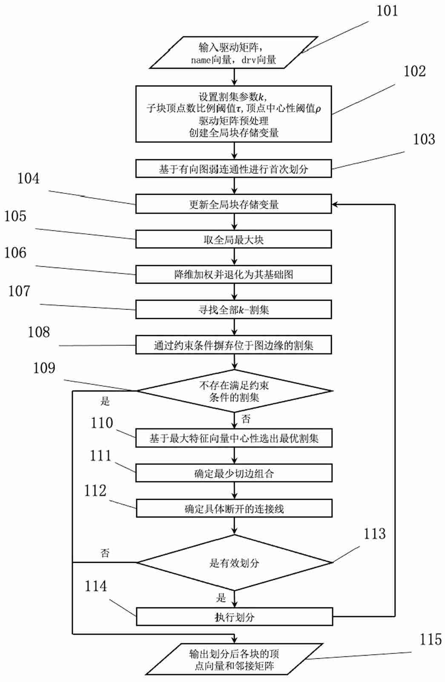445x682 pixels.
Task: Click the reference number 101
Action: [387, 11]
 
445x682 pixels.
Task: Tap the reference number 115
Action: [430, 639]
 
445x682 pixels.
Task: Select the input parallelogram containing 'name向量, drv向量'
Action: [233, 53]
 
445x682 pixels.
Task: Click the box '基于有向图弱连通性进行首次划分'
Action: [233, 169]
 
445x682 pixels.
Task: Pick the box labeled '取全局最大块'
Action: [233, 239]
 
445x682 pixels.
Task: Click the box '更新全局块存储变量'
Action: [233, 204]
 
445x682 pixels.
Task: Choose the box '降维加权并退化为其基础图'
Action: [233, 275]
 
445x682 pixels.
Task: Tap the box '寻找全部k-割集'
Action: [233, 310]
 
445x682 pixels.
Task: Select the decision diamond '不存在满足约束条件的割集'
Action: [234, 391]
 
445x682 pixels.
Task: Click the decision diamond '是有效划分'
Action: [234, 563]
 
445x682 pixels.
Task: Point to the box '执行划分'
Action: [234, 617]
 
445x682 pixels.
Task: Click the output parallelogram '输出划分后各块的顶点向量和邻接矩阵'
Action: [234, 659]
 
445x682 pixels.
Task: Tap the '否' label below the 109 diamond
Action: [246, 419]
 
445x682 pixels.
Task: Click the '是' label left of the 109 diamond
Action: [105, 401]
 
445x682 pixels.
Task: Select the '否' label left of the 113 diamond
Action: [105, 553]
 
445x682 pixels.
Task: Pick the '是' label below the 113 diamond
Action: [221, 598]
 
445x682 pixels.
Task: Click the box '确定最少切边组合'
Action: [234, 473]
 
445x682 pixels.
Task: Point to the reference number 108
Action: [39, 332]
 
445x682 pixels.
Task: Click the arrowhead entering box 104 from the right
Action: [335, 204]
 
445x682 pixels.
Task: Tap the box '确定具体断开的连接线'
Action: [234, 509]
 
